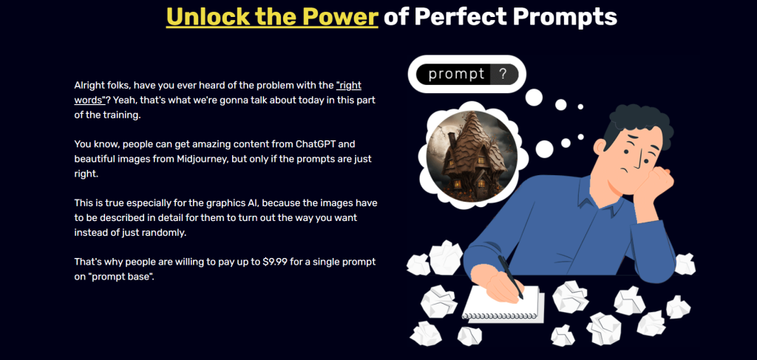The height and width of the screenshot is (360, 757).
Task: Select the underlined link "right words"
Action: pos(218,92)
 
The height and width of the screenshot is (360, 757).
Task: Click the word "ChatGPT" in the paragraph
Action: pos(319,144)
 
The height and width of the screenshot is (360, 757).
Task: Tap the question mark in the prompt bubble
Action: pos(503,75)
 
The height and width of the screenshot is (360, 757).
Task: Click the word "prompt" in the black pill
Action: pos(456,75)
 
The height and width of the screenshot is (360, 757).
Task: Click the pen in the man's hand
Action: pos(510,276)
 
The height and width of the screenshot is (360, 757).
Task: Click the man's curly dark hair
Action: pos(637,126)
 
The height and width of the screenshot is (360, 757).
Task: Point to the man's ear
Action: pos(600,146)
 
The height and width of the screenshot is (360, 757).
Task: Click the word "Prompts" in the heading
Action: pos(565,18)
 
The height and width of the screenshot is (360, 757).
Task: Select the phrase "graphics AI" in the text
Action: pos(235,203)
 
